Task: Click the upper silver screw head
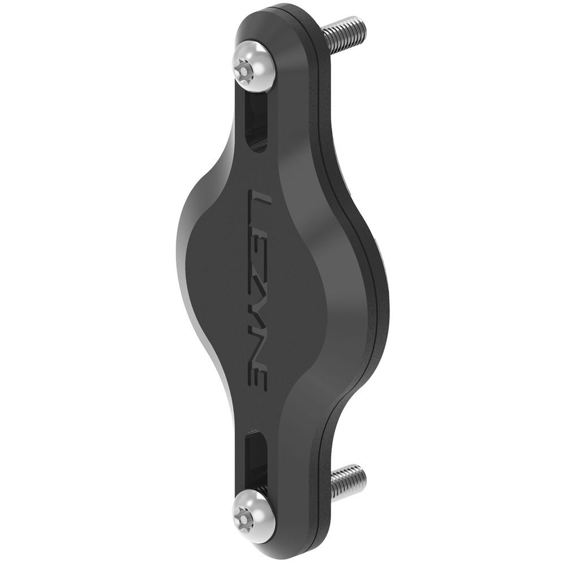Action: click(x=255, y=67)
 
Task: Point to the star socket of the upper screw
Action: click(x=244, y=71)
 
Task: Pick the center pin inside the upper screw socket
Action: click(x=244, y=71)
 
